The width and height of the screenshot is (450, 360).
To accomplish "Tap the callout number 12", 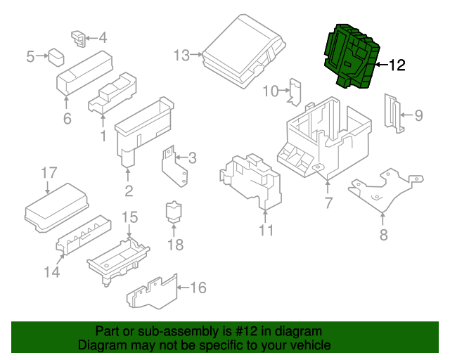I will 397,65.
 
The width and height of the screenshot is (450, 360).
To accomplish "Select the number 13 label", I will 181,55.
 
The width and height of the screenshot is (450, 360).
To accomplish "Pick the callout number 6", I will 67,119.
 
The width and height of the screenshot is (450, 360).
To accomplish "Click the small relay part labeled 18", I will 173,212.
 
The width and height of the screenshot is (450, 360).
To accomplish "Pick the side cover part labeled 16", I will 152,292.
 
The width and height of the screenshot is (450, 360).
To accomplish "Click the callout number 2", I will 129,191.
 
